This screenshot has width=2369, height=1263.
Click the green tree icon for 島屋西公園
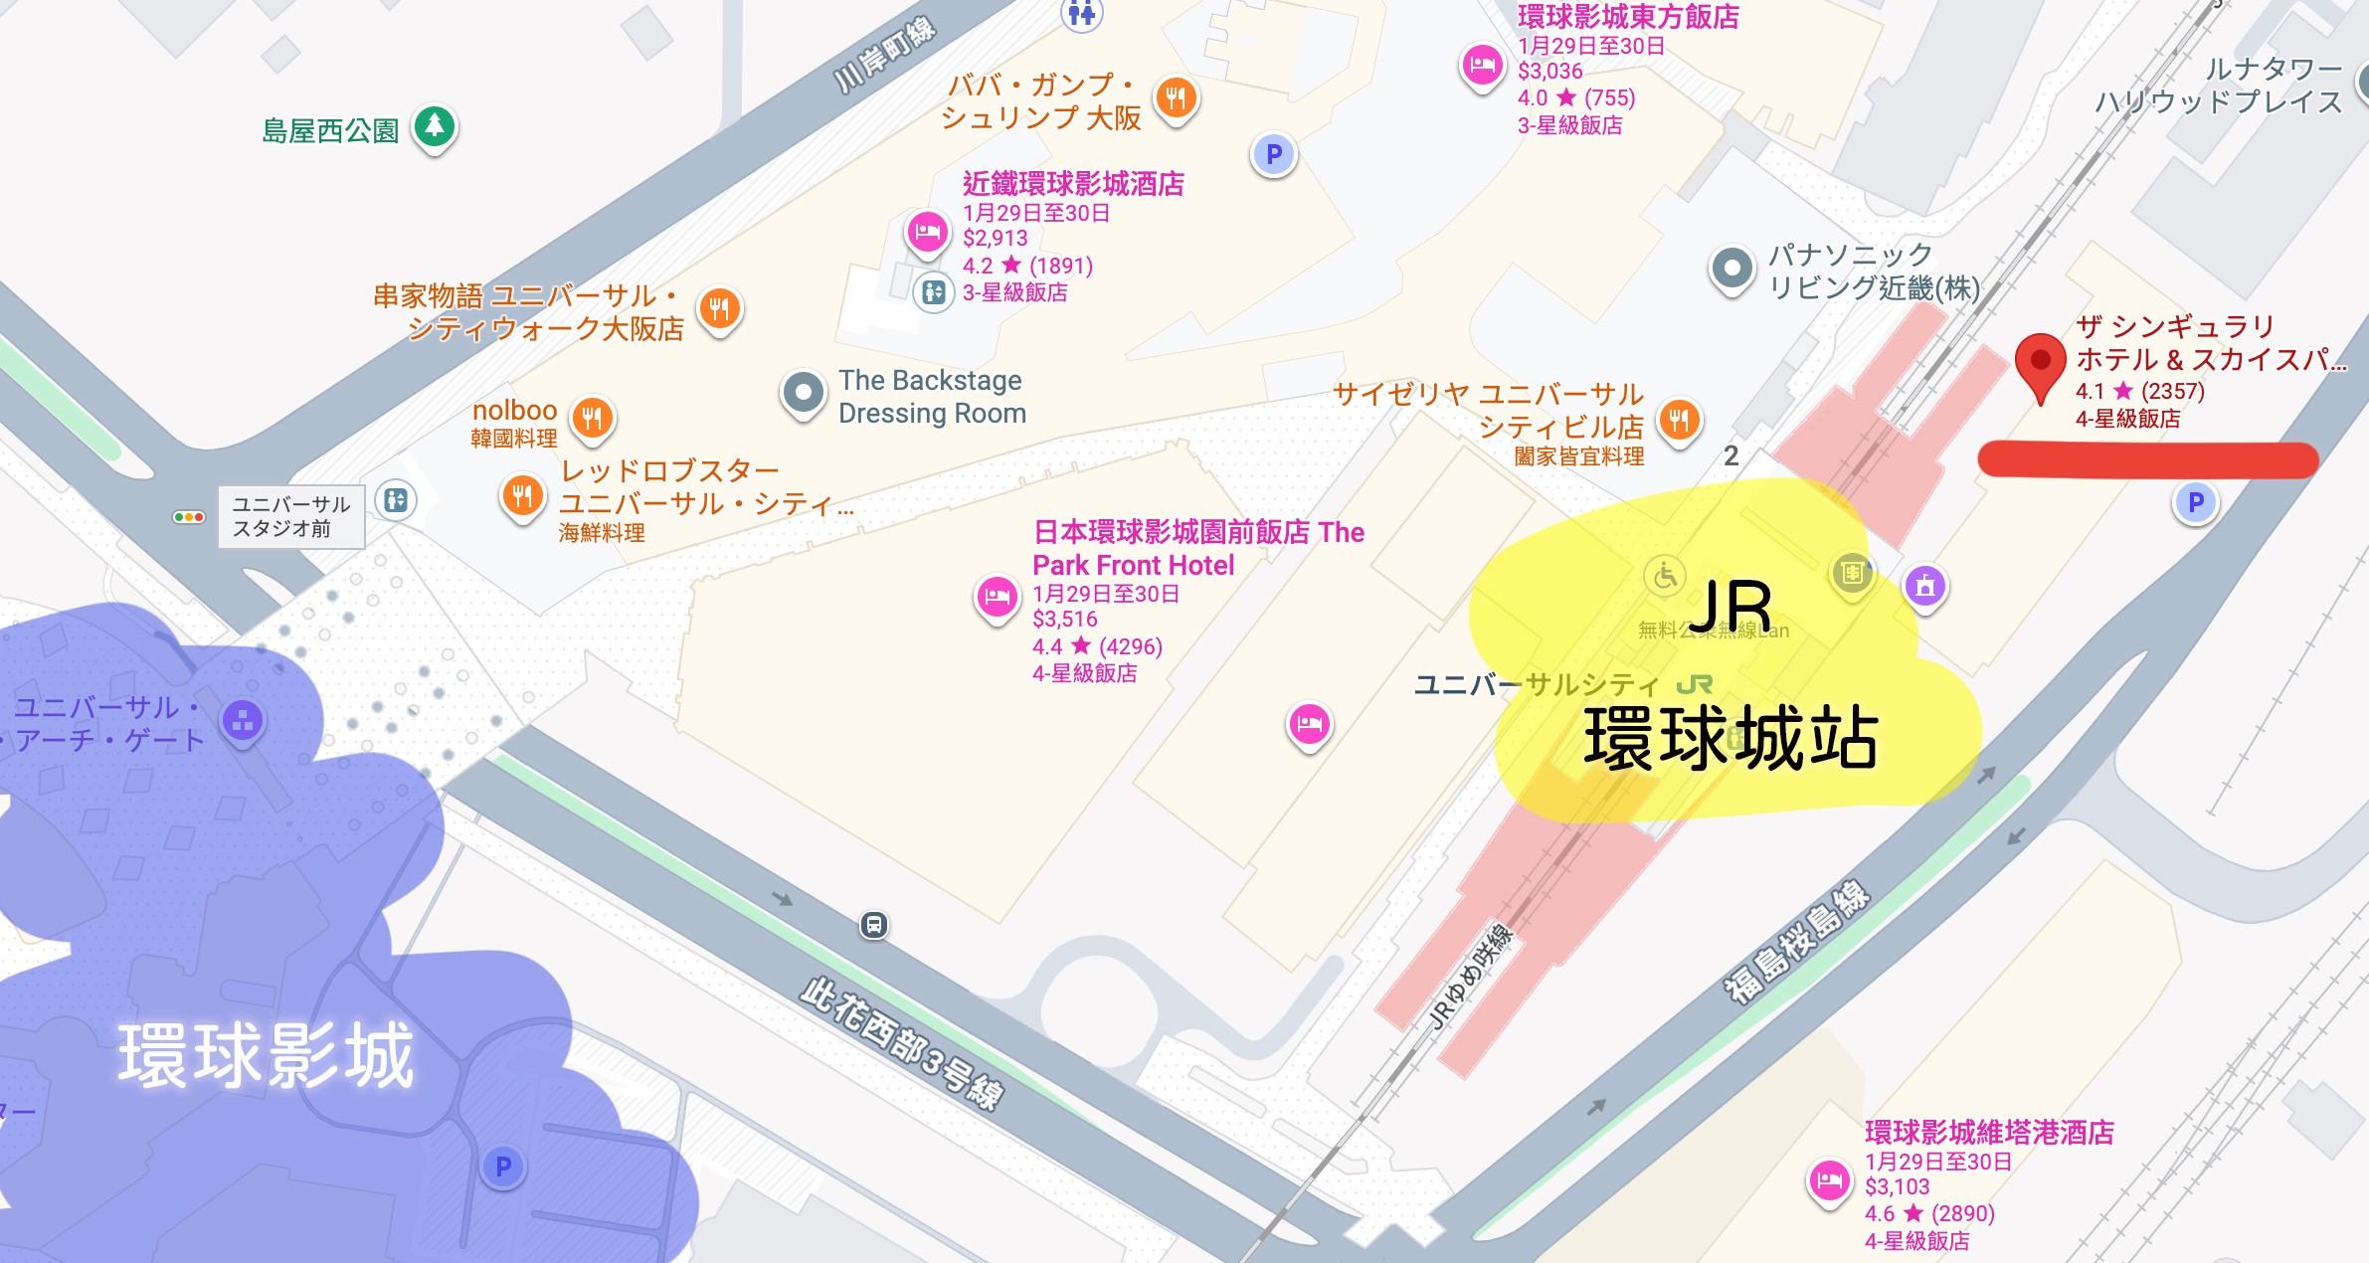coord(435,126)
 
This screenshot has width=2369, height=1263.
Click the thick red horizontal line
coord(2148,460)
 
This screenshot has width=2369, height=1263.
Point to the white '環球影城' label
coord(266,1055)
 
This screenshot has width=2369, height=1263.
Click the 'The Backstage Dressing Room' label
coord(932,397)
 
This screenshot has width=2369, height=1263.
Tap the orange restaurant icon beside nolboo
coord(593,417)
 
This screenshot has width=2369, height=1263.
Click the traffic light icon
coord(188,517)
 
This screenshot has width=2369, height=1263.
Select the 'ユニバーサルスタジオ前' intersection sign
coord(291,516)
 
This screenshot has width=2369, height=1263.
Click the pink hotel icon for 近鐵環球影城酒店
coord(927,233)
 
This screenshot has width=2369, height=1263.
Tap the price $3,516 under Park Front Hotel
coord(1065,619)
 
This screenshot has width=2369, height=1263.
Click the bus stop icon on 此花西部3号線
coord(873,926)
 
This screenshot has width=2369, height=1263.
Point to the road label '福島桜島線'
coord(1796,940)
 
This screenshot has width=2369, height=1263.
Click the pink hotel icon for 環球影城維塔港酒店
coord(1829,1181)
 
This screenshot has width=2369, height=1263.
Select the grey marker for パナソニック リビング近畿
coord(1731,269)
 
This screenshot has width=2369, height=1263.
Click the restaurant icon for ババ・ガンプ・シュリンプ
coord(1176,97)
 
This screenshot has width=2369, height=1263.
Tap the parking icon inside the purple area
coord(503,1167)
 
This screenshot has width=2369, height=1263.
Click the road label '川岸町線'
coord(884,56)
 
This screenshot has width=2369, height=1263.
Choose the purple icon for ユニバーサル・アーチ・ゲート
coord(244,721)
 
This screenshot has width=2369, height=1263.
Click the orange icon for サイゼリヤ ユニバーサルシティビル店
coord(1679,421)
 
